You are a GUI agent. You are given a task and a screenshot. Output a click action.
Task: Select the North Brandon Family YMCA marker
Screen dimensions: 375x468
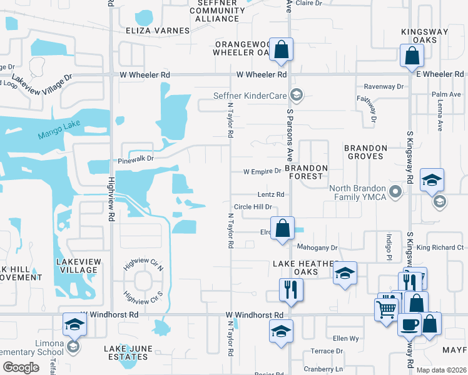pos(395,191)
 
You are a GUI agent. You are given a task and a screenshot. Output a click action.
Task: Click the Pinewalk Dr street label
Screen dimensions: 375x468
pos(136,159)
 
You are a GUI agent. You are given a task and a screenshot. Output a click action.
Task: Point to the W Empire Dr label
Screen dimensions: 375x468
pos(262,171)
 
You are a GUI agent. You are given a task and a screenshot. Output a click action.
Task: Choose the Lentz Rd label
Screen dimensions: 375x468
pos(271,195)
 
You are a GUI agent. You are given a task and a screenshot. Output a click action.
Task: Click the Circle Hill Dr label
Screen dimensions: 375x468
pos(253,207)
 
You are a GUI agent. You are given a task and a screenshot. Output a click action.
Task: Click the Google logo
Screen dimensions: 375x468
pos(20,367)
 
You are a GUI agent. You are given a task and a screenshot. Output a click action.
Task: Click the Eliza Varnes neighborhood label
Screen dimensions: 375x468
pos(157,31)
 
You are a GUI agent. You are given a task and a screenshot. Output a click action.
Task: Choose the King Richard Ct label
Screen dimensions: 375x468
pos(440,248)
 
